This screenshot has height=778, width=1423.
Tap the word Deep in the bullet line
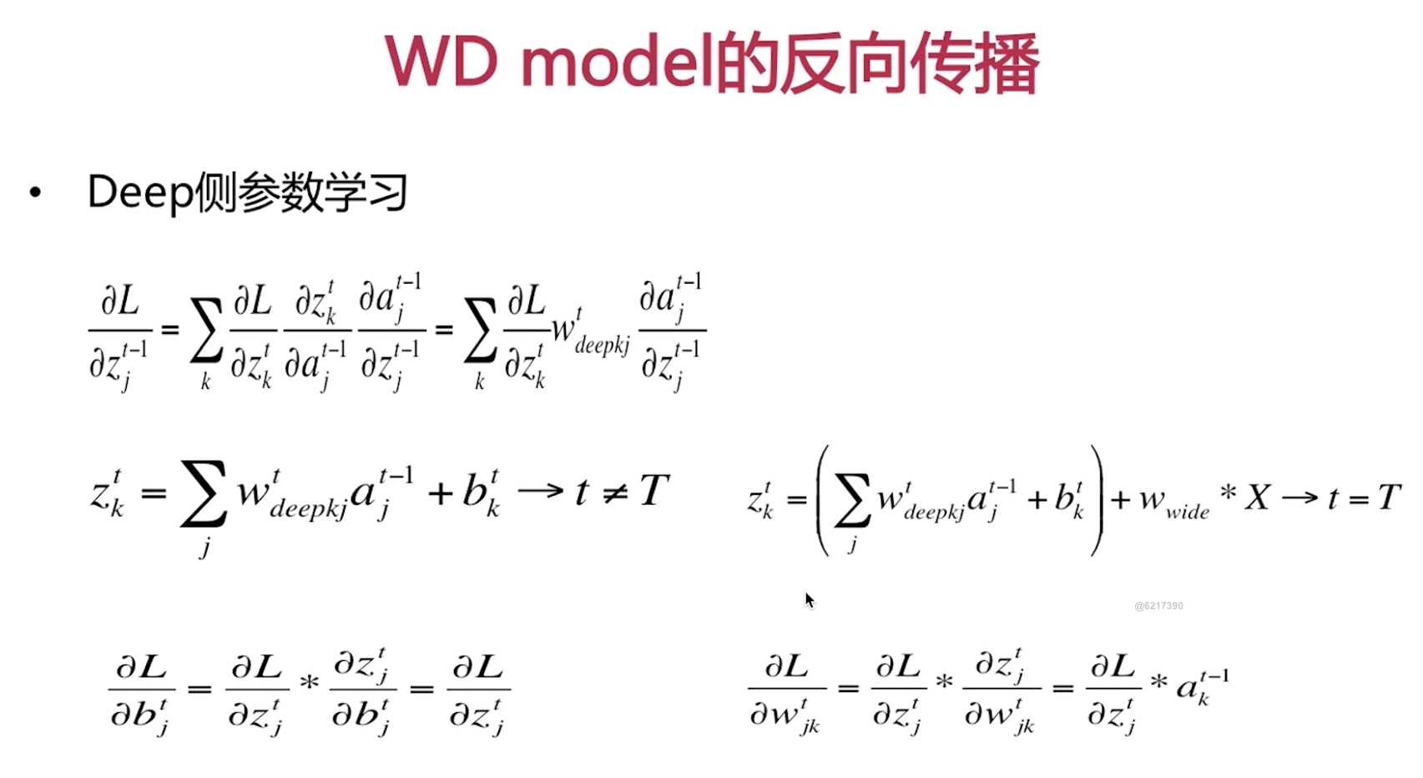(x=139, y=192)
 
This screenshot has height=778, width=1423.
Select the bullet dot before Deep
(x=35, y=193)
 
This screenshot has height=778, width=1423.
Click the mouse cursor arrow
(x=809, y=599)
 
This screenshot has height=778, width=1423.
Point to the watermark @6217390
(x=1158, y=606)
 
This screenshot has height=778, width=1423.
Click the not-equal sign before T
(x=615, y=493)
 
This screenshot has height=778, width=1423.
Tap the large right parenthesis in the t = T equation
(x=1096, y=500)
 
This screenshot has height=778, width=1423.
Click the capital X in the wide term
(x=1257, y=498)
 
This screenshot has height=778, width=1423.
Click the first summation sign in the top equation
(x=206, y=331)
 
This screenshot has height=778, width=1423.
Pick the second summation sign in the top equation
(x=480, y=331)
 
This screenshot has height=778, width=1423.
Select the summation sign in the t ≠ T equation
(x=203, y=493)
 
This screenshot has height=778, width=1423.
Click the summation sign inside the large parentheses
(x=852, y=500)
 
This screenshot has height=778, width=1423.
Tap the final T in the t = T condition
(x=1388, y=498)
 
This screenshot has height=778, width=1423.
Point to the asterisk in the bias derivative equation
(x=310, y=684)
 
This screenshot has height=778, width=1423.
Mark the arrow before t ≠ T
(x=541, y=491)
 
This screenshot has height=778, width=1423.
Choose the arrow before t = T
(x=1299, y=498)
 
